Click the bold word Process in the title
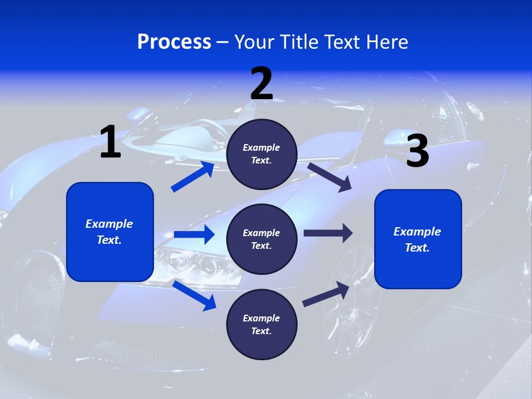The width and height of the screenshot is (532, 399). pyautogui.click(x=174, y=42)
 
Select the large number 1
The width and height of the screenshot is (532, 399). pyautogui.click(x=110, y=142)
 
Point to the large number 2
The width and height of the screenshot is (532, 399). pyautogui.click(x=262, y=84)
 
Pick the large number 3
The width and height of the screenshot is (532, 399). pyautogui.click(x=417, y=151)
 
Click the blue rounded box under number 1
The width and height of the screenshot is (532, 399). pyautogui.click(x=110, y=232)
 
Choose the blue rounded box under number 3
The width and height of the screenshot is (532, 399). pyautogui.click(x=418, y=239)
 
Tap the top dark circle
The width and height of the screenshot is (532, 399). pyautogui.click(x=262, y=154)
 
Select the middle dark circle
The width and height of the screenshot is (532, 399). pyautogui.click(x=262, y=239)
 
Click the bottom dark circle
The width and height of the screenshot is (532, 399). pyautogui.click(x=262, y=325)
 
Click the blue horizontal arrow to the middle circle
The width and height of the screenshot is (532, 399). pyautogui.click(x=194, y=234)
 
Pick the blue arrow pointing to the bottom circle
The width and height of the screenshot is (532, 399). pyautogui.click(x=194, y=295)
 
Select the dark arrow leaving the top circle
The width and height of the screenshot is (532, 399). pyautogui.click(x=329, y=176)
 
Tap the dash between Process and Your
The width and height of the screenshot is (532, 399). pyautogui.click(x=223, y=42)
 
